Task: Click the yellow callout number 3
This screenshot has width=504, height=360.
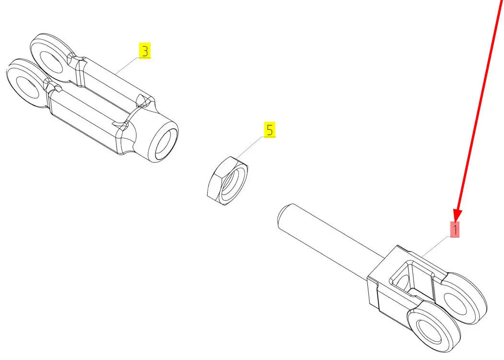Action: (x=145, y=51)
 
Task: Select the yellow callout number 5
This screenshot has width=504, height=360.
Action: (x=270, y=129)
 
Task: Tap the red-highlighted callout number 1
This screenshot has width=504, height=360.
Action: (x=455, y=230)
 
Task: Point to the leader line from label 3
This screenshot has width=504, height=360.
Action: (x=127, y=66)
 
